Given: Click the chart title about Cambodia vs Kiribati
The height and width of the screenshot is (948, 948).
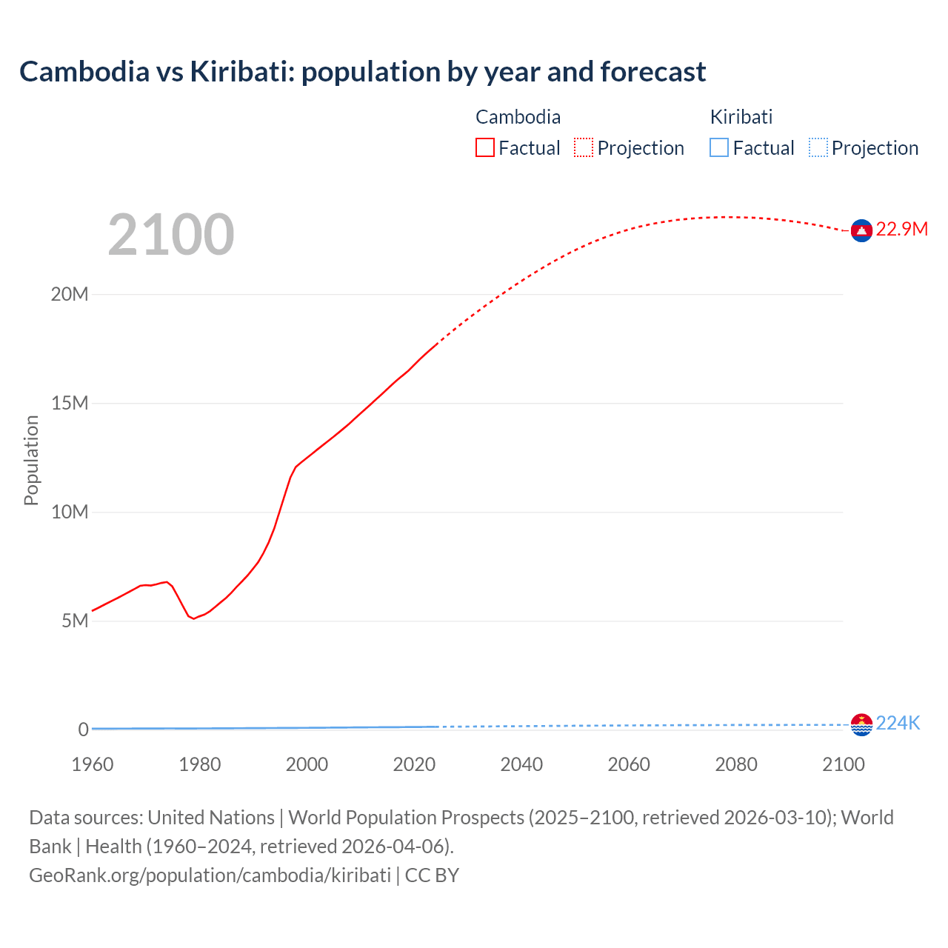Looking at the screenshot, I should [x=362, y=72].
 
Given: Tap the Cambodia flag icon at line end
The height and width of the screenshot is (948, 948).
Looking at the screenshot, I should [x=861, y=231].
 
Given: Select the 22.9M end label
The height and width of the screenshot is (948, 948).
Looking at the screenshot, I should [x=901, y=230].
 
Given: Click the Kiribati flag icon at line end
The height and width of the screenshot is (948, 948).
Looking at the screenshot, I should [x=861, y=724].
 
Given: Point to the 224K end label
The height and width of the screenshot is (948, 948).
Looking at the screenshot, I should [x=898, y=724].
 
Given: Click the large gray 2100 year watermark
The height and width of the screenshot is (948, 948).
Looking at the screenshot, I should [x=171, y=235].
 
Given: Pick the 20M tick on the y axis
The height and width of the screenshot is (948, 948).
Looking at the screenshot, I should [x=70, y=294].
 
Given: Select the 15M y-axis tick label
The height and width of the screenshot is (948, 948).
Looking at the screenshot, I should [x=70, y=403].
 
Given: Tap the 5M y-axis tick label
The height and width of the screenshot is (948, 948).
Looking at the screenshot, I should [x=75, y=621].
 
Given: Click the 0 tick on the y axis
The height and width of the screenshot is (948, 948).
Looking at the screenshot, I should [x=83, y=730].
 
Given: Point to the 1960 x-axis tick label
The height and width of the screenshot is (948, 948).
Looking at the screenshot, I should [x=93, y=764].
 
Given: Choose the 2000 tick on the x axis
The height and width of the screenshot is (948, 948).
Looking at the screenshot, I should [x=307, y=764].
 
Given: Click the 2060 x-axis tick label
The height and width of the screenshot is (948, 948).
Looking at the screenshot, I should [x=629, y=764].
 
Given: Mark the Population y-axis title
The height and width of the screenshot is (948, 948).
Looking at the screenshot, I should [x=31, y=460].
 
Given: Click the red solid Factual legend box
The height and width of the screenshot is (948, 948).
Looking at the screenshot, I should [x=485, y=148].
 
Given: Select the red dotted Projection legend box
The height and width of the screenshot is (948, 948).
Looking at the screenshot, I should [x=584, y=148].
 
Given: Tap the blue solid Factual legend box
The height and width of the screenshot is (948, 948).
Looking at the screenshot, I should [x=719, y=148].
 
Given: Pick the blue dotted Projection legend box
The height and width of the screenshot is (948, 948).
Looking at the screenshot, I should [x=818, y=148].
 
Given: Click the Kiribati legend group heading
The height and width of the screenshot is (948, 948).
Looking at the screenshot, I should [x=741, y=117].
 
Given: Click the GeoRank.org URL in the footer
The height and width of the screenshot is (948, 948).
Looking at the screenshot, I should [x=210, y=875].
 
